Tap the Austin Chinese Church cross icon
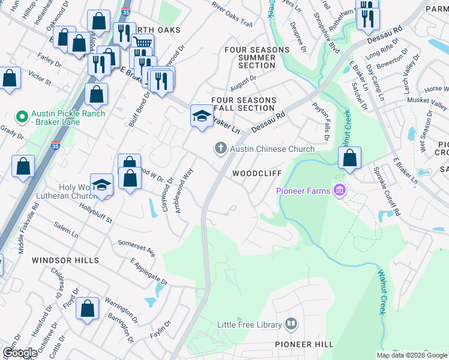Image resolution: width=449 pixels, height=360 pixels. tap(221, 148)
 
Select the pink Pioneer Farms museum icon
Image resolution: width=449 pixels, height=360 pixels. tap(340, 191)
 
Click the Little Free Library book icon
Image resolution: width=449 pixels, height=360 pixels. tap(291, 325)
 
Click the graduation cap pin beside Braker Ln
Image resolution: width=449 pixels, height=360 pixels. tap(202, 116)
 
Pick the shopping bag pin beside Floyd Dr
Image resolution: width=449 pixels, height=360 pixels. tap(88, 309)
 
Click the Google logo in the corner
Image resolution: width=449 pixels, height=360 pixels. tap(20, 353)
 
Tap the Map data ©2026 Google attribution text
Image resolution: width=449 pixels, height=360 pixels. tap(412, 355)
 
